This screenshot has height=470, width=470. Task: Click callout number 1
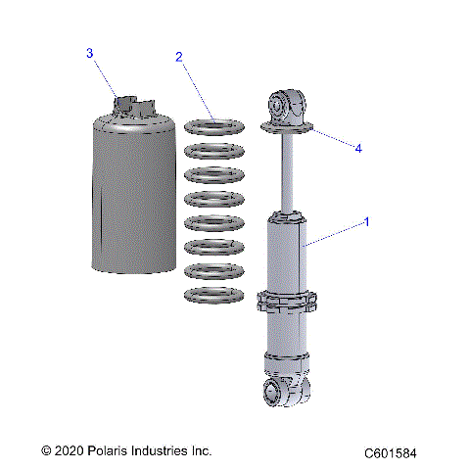(367, 222)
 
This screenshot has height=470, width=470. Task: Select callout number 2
(179, 57)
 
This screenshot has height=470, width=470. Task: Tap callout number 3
(89, 53)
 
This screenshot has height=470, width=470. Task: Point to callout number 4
(358, 149)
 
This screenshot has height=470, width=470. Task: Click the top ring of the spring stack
(214, 127)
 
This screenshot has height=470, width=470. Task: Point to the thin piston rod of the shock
(288, 176)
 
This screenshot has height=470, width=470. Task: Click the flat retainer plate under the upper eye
(288, 127)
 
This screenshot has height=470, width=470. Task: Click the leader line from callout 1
(338, 232)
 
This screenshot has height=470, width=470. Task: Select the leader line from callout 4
(333, 139)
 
